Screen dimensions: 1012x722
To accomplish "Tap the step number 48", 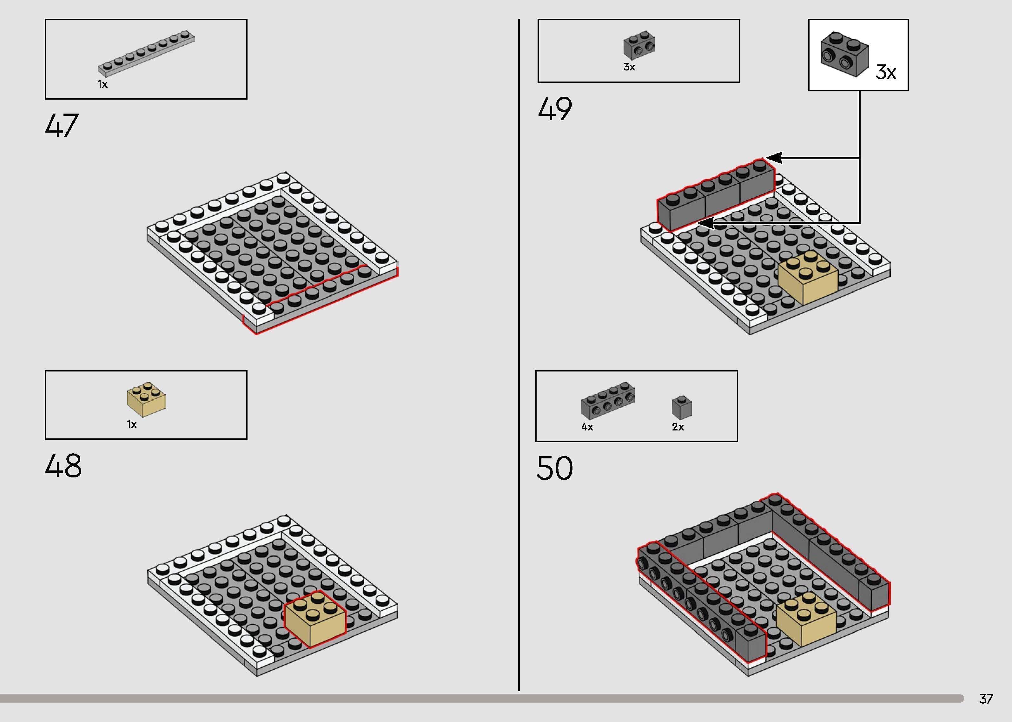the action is click(63, 466).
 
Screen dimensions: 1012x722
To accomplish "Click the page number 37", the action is click(986, 699).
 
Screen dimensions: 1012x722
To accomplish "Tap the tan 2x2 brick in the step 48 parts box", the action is click(146, 399).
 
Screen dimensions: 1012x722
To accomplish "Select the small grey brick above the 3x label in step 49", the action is click(639, 45).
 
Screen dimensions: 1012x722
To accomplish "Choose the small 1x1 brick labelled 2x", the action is click(682, 407).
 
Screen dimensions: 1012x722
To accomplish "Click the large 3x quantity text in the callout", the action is click(886, 72).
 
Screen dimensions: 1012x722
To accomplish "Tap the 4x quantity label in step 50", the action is click(587, 427).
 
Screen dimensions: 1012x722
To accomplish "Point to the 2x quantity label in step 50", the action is click(678, 427).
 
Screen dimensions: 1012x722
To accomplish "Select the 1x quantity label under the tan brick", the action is click(132, 424).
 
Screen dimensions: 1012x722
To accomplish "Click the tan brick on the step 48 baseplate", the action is click(315, 619).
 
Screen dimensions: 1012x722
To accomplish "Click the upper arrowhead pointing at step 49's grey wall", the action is click(773, 157).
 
